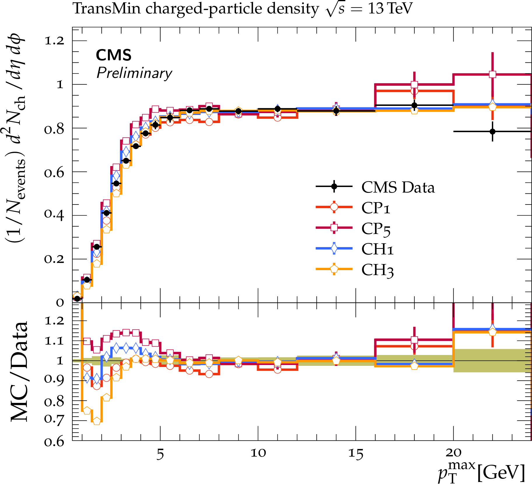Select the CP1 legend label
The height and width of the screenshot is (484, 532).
coord(375,208)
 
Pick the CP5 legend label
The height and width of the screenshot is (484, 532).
coord(376,228)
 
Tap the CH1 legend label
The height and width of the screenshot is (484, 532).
coord(377,249)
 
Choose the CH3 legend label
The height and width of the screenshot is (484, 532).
coord(377,270)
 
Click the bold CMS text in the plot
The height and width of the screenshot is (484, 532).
coord(113,55)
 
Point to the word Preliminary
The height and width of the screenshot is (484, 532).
coord(134,73)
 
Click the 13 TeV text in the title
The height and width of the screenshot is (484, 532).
coord(390,8)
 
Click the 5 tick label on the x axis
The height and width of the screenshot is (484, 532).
coord(160,454)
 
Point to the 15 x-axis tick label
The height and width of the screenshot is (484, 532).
coord(356,454)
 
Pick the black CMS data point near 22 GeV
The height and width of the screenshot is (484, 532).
coord(492,132)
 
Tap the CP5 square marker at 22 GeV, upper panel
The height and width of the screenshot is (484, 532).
coord(492,74)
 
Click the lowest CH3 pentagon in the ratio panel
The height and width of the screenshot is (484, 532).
coord(97,421)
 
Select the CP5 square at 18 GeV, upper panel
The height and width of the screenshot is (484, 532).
coord(414,85)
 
